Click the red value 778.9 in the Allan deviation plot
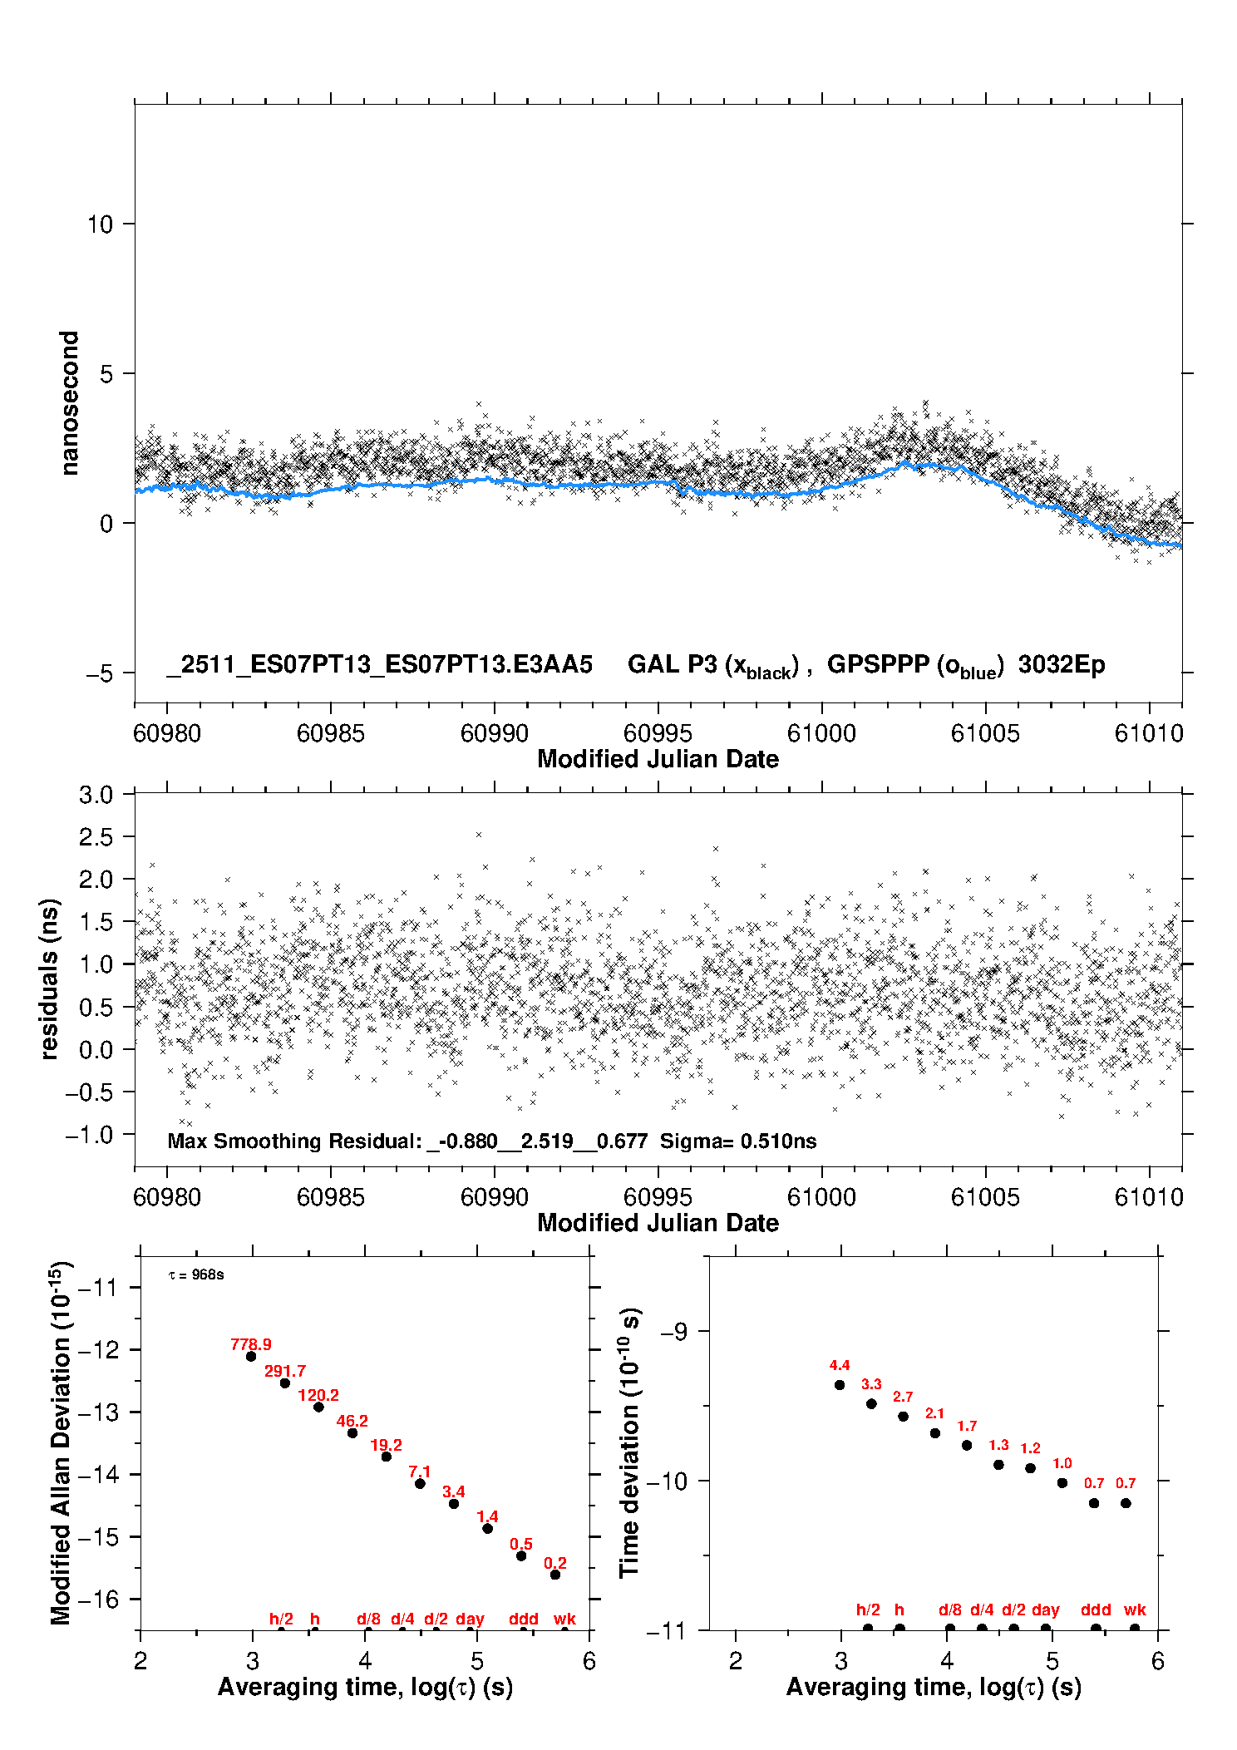tap(250, 1344)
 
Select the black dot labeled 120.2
tap(318, 1407)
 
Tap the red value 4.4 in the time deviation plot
tap(839, 1365)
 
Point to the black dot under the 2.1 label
tap(934, 1433)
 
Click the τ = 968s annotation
tap(196, 1275)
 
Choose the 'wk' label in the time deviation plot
tap(1135, 1610)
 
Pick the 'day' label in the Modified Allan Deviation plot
tap(470, 1619)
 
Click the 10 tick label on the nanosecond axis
tap(100, 224)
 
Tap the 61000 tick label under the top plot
tap(821, 733)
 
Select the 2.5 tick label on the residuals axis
tap(96, 837)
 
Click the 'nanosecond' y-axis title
tap(69, 403)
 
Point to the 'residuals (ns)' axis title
tap(50, 979)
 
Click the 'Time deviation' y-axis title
tap(629, 1442)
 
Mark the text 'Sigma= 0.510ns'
tap(738, 1141)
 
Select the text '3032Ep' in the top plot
tap(1062, 664)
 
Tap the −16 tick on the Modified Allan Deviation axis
tap(97, 1599)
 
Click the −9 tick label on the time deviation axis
tap(673, 1331)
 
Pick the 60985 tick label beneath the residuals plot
tap(330, 1197)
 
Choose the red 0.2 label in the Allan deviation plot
tap(554, 1564)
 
